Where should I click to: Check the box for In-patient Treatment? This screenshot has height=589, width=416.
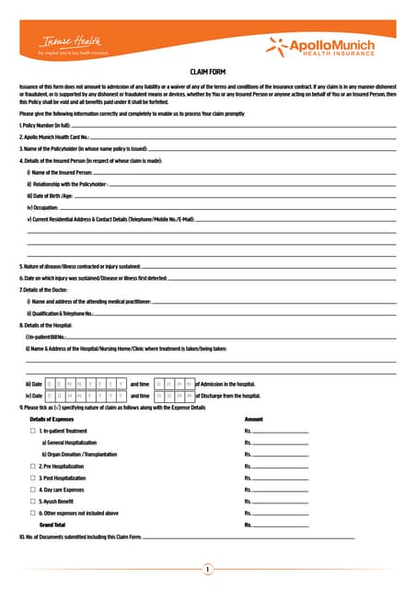click(x=32, y=431)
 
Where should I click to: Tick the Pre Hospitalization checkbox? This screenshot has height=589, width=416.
click(x=32, y=467)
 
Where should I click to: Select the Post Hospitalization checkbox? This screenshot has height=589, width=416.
click(x=32, y=479)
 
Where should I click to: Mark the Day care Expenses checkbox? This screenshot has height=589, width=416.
click(x=32, y=491)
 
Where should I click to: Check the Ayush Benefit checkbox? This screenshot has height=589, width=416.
click(x=32, y=502)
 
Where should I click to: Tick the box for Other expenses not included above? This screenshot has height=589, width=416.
click(x=32, y=514)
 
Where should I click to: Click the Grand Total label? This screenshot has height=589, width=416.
click(x=53, y=525)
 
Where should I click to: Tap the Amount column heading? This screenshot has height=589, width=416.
click(x=254, y=419)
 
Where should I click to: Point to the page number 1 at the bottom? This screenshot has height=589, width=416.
click(x=208, y=570)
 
